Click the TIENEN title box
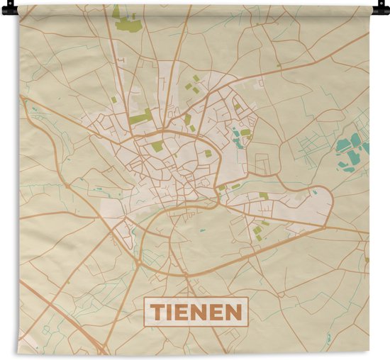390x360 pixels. tap(196, 310)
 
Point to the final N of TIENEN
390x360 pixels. tap(233, 310)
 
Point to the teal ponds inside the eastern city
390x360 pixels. tap(238, 137)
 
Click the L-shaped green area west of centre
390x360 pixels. tap(140, 118)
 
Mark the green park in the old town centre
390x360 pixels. tap(157, 147)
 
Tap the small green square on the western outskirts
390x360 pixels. tap(113, 100)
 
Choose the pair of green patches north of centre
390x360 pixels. tap(192, 82)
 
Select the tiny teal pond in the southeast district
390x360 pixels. tap(202, 230)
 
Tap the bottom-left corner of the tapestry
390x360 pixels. tap(20, 352)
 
